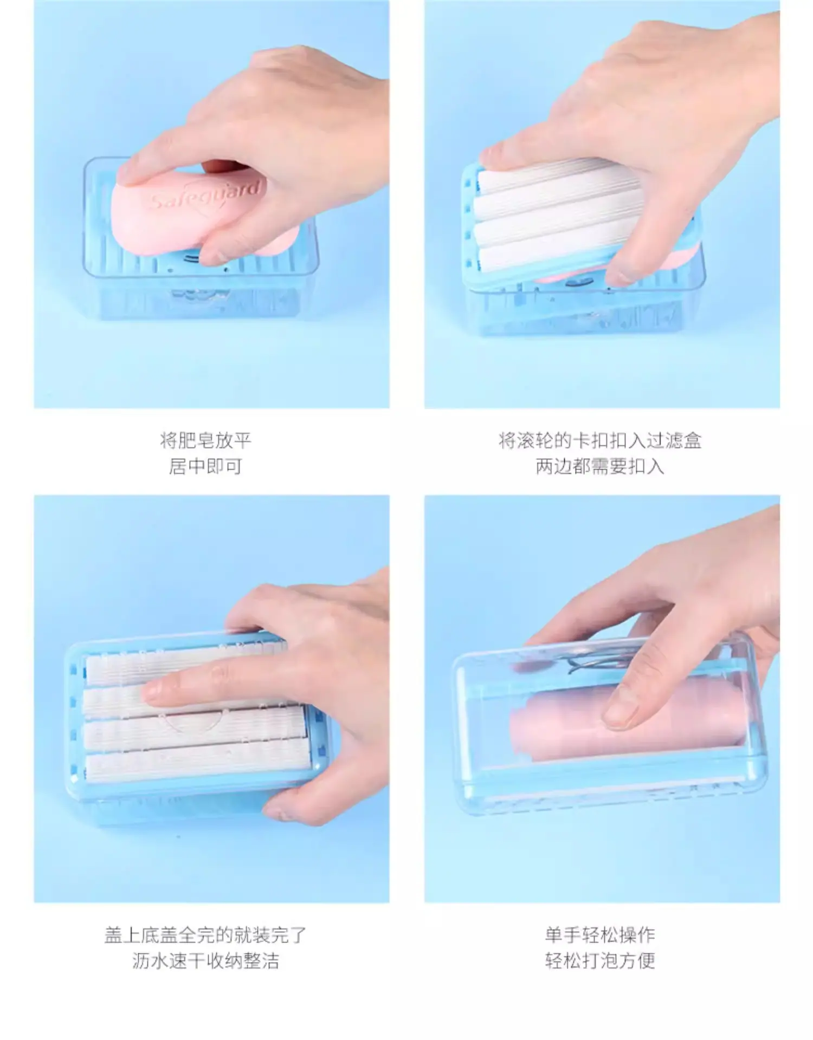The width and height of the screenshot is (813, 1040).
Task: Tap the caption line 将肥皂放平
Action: pos(205,440)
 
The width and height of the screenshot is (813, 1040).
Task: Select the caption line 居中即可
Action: pos(205,466)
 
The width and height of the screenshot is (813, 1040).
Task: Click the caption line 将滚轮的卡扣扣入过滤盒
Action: pos(600,440)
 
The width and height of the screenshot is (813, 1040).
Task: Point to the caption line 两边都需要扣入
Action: pos(600,466)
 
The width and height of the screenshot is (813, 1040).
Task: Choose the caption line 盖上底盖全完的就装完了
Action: pos(205,935)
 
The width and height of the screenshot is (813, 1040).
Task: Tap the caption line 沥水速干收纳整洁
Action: pos(205,961)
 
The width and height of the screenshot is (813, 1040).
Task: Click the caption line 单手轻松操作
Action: pos(600,935)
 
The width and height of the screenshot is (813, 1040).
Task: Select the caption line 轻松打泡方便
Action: pos(600,961)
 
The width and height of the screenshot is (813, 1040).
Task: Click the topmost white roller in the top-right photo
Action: pos(558,176)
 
